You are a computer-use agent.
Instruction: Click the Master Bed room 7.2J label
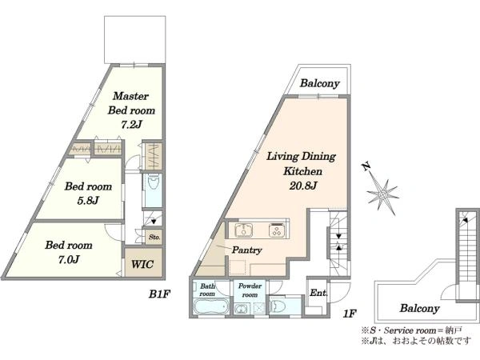pyautogui.click(x=131, y=110)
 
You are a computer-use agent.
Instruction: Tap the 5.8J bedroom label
pyautogui.click(x=88, y=193)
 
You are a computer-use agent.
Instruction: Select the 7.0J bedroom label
pyautogui.click(x=69, y=252)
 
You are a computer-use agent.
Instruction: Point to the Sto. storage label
pyautogui.click(x=154, y=237)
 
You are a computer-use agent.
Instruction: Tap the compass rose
pyautogui.click(x=382, y=193)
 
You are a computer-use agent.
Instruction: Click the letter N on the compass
pyautogui.click(x=366, y=167)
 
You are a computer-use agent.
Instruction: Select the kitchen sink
pyautogui.click(x=243, y=230)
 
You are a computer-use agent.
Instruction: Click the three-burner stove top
pyautogui.click(x=277, y=230)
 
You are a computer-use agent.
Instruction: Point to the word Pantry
pyautogui.click(x=246, y=250)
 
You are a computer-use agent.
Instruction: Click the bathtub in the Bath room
pyautogui.click(x=211, y=306)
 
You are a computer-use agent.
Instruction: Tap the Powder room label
pyautogui.click(x=250, y=290)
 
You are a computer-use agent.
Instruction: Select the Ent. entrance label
pyautogui.click(x=318, y=293)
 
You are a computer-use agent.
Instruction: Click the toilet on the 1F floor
pyautogui.click(x=278, y=306)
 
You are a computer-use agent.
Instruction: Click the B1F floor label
pyautogui.click(x=159, y=294)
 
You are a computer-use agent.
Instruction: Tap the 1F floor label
pyautogui.click(x=349, y=314)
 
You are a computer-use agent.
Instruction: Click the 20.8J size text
pyautogui.click(x=302, y=186)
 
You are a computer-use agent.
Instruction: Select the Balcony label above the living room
pyautogui.click(x=319, y=83)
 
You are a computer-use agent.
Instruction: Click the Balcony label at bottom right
pyautogui.click(x=419, y=308)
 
